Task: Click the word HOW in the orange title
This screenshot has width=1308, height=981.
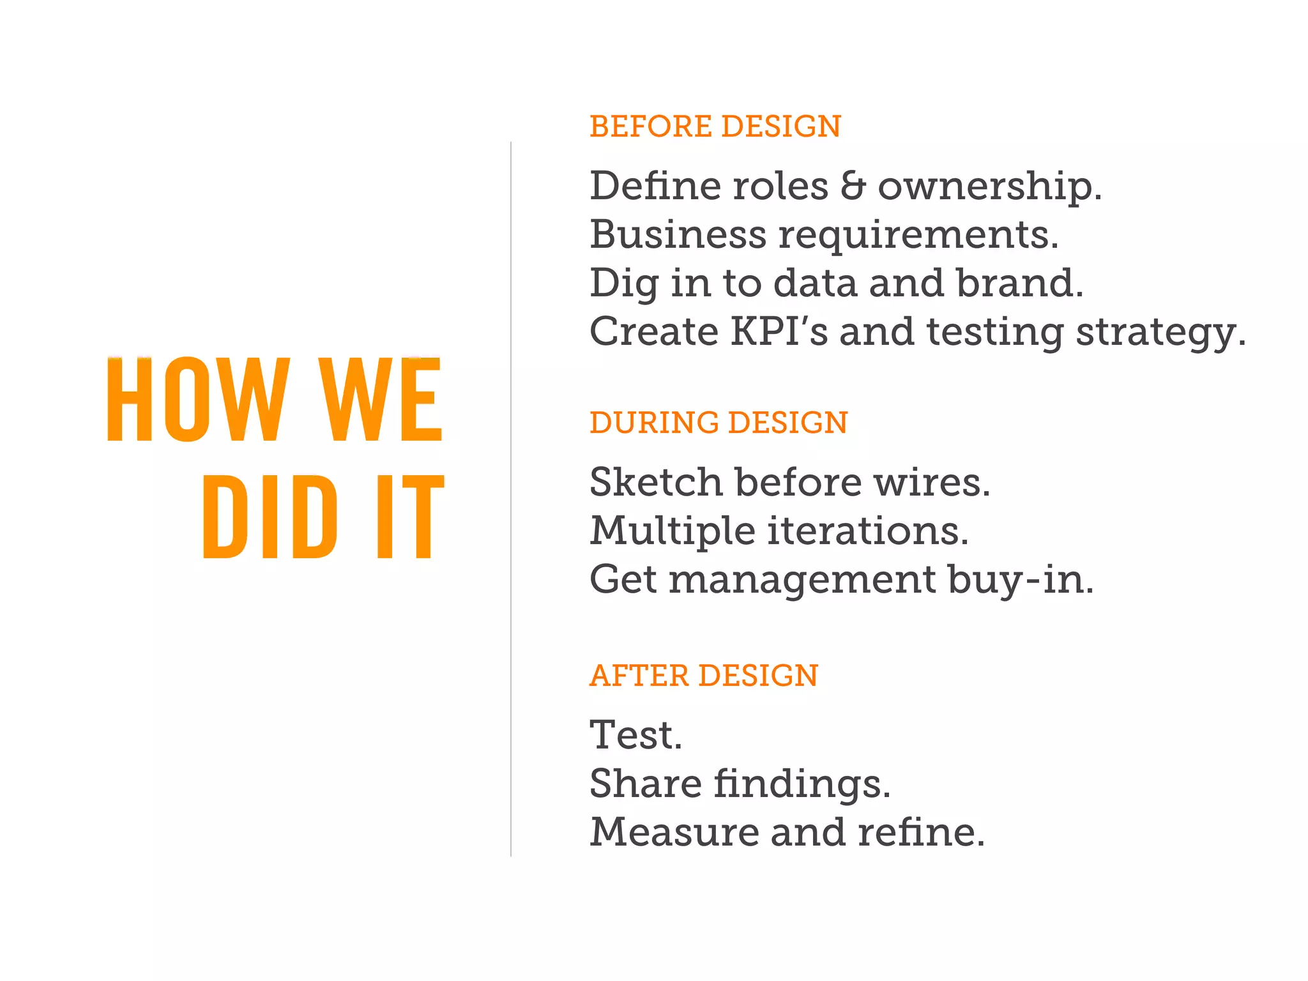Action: (x=198, y=400)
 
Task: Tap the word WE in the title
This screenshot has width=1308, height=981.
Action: (x=381, y=400)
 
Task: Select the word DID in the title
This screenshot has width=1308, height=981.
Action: (x=270, y=517)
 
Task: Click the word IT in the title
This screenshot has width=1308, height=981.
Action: (x=409, y=517)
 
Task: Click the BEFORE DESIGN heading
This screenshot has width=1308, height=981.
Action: (x=715, y=126)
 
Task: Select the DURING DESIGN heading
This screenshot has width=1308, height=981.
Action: (x=719, y=423)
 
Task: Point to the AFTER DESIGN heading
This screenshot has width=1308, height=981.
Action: (x=703, y=676)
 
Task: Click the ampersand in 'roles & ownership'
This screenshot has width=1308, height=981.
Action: (x=853, y=186)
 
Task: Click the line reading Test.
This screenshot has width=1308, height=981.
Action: (x=635, y=734)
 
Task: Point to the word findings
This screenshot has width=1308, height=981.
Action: (x=802, y=785)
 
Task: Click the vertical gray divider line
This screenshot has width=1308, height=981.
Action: (x=511, y=498)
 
